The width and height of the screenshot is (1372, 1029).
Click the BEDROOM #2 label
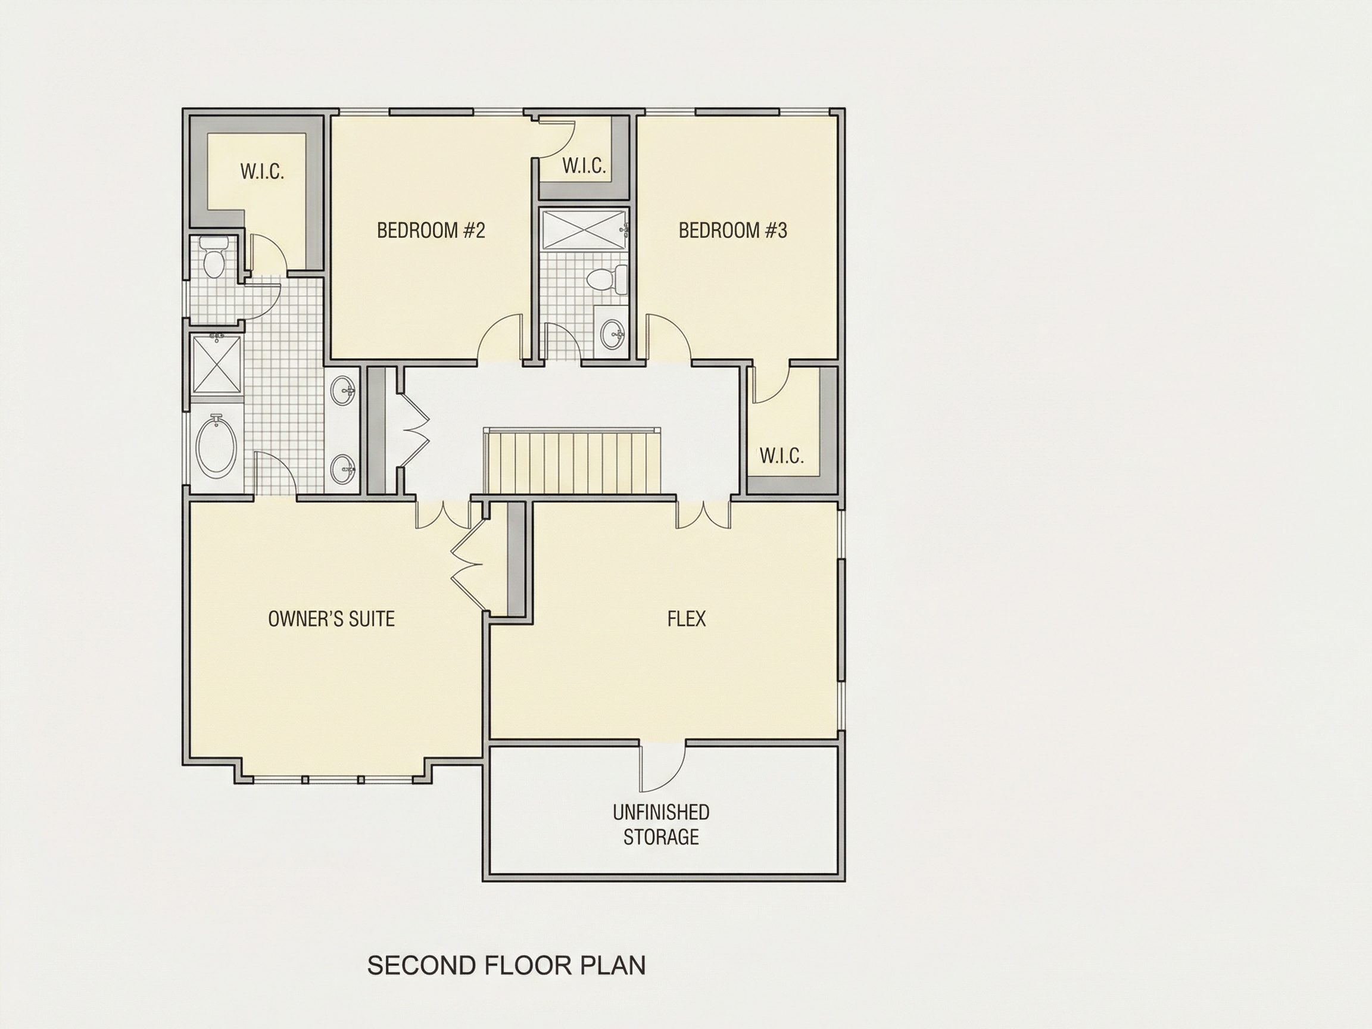click(x=431, y=230)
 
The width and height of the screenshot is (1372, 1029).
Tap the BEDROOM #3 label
click(x=732, y=230)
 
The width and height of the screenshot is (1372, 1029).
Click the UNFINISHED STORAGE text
click(x=661, y=824)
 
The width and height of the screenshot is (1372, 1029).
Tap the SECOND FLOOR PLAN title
click(x=506, y=965)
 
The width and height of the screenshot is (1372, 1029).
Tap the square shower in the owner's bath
click(x=217, y=364)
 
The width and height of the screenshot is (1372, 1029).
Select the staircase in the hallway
click(x=571, y=461)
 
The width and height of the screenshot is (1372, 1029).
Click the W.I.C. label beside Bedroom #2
click(x=584, y=166)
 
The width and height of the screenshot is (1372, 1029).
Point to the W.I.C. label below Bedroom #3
click(x=781, y=457)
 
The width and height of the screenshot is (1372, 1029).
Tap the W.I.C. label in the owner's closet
click(x=263, y=172)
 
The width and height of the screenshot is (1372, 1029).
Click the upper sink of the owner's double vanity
click(x=344, y=391)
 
